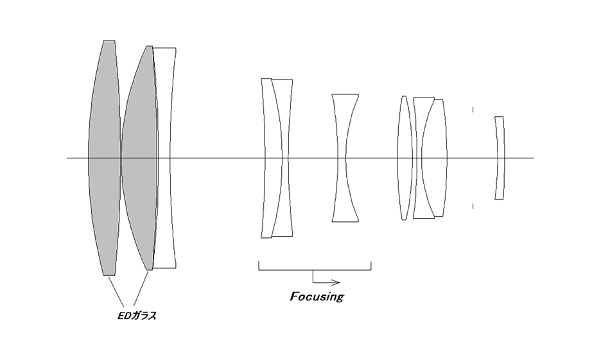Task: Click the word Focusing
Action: (317, 297)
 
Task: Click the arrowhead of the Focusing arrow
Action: (336, 282)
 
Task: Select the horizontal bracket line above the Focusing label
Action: (315, 270)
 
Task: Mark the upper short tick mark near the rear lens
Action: (473, 110)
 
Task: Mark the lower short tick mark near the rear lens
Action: (473, 206)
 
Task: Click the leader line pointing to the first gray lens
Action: (115, 291)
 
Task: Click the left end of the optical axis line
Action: (68, 157)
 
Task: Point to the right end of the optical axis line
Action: (533, 157)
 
